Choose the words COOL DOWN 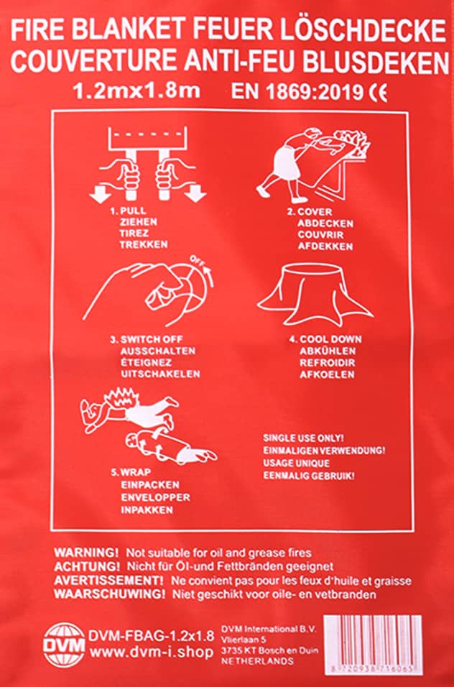coord(330,339)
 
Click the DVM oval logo coord(64,641)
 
